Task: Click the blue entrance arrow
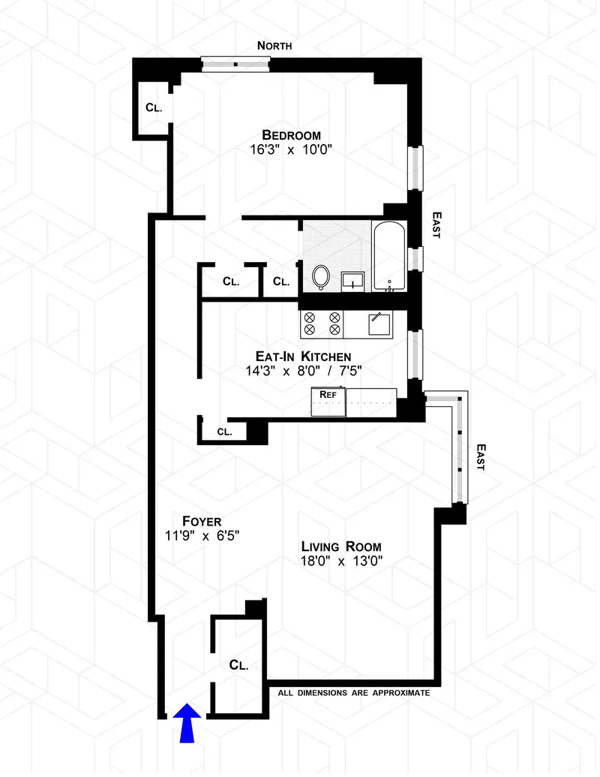click(186, 722)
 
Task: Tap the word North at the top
click(274, 46)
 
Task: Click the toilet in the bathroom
click(321, 277)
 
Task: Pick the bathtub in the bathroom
click(389, 257)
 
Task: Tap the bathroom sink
click(352, 282)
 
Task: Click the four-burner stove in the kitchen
click(322, 324)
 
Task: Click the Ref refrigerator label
click(328, 394)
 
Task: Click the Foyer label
click(202, 520)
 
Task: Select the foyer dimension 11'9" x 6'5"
click(202, 535)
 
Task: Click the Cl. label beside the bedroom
click(154, 107)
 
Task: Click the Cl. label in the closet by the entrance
click(238, 664)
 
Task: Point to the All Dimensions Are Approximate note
click(354, 693)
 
